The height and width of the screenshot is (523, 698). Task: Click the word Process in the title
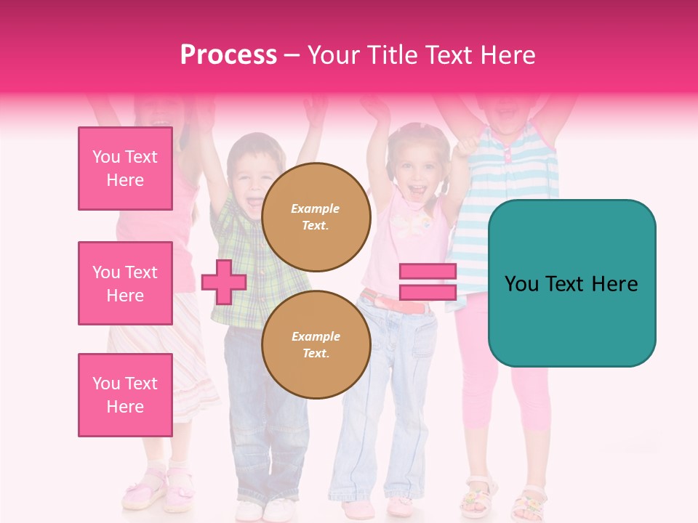pyautogui.click(x=228, y=55)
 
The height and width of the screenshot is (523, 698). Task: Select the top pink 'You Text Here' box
pyautogui.click(x=125, y=169)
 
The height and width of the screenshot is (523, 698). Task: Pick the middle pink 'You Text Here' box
pyautogui.click(x=125, y=283)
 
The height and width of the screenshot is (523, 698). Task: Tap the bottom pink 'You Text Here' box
pyautogui.click(x=125, y=395)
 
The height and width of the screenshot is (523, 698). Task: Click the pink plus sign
pyautogui.click(x=223, y=283)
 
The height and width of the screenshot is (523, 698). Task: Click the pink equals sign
pyautogui.click(x=428, y=282)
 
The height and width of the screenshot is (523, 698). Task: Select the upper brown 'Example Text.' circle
pyautogui.click(x=316, y=217)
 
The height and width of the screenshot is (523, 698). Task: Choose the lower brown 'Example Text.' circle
pyautogui.click(x=316, y=345)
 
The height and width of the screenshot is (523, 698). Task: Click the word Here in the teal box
pyautogui.click(x=614, y=284)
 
